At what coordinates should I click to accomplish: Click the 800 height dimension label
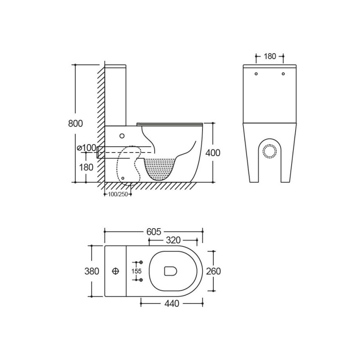75,123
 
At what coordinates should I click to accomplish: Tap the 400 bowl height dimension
212,153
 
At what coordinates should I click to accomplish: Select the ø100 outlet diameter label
86,148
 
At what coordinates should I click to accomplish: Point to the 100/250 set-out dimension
118,194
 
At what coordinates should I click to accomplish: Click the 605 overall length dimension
153,232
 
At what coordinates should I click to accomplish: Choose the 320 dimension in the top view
173,240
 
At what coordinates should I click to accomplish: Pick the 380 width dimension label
92,271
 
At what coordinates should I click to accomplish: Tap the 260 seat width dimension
213,271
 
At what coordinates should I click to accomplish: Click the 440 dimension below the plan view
172,303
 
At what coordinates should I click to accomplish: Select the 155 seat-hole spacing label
136,271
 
